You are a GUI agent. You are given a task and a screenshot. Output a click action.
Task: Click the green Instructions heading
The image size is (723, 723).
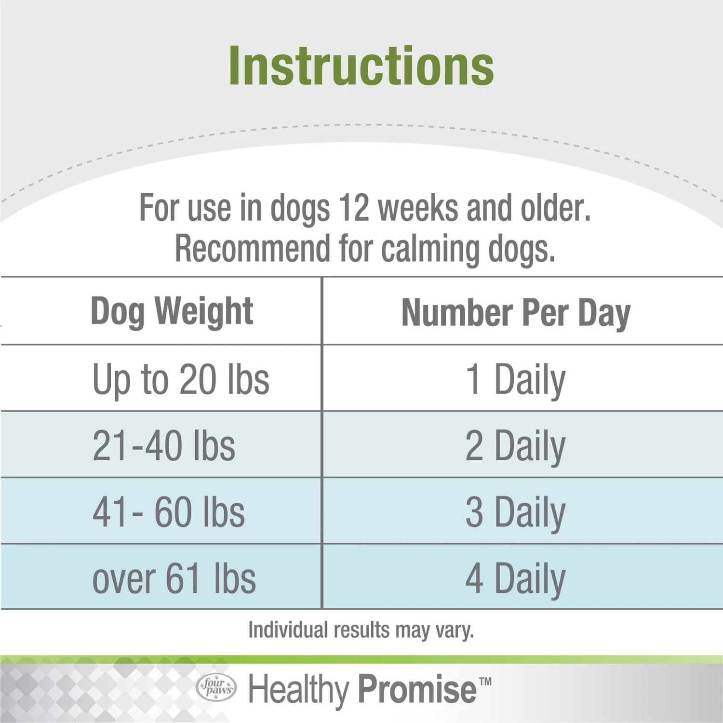361,66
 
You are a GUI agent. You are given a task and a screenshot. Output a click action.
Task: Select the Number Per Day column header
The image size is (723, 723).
516,313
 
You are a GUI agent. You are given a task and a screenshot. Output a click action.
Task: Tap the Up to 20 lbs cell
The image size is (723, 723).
181,380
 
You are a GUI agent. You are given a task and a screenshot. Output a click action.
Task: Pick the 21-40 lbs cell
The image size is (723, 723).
164,446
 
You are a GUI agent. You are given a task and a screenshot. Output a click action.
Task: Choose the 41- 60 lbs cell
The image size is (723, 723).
169,512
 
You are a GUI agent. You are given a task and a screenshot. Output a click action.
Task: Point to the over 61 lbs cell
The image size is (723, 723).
174,578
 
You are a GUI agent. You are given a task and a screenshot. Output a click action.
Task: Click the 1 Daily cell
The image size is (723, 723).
515,380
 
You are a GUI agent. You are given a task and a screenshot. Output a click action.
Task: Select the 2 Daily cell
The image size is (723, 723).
515,446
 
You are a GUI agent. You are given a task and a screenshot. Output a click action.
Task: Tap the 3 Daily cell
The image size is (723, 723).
515,512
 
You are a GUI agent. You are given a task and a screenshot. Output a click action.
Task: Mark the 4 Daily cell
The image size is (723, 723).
515,578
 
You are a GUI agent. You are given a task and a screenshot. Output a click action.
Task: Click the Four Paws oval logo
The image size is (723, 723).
216,687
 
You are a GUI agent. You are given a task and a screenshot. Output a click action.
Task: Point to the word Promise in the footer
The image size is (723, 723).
417,689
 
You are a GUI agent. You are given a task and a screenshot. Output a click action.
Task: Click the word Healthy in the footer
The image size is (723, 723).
298,689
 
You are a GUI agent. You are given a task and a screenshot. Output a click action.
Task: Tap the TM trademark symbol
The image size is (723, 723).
485,682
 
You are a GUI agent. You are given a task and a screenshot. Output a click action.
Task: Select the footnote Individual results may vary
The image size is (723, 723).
361,630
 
